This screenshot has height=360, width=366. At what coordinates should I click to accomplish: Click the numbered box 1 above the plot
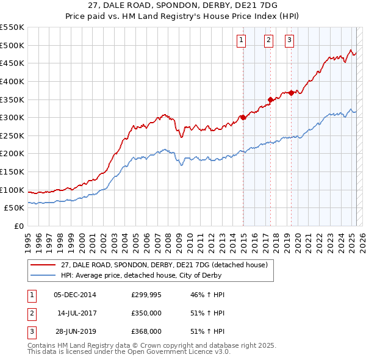(242, 41)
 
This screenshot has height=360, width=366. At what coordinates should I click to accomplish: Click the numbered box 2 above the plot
(268, 41)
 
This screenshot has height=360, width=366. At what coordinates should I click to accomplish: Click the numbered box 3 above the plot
(289, 41)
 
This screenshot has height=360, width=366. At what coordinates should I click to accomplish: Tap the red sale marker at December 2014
(243, 117)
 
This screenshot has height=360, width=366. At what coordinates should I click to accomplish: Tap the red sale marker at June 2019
(292, 93)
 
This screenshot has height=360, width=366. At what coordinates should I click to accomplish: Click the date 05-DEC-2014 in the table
(74, 295)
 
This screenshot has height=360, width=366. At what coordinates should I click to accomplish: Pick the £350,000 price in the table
(146, 313)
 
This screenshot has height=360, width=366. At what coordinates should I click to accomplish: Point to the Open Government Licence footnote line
(129, 352)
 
